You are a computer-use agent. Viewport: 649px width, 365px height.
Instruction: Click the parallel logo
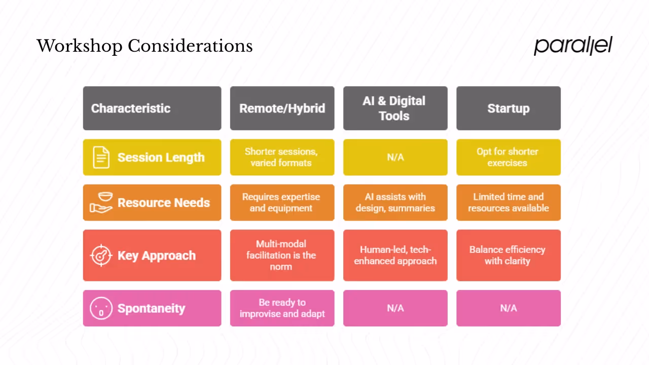click(573, 46)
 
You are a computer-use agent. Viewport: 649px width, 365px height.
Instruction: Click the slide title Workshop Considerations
click(145, 46)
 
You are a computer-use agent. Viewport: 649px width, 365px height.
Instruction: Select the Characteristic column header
click(152, 108)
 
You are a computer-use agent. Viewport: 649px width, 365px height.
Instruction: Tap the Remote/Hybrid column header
click(282, 108)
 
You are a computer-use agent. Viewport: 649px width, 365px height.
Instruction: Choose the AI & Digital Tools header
click(395, 108)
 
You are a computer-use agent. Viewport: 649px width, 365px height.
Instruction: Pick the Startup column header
click(508, 108)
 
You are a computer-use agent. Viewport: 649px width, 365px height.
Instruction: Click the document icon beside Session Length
click(101, 157)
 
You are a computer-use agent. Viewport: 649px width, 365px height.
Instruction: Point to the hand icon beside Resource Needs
click(101, 202)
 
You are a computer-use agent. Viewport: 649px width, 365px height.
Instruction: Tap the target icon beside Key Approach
click(101, 255)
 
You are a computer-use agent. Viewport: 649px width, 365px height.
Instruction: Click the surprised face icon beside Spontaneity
click(101, 308)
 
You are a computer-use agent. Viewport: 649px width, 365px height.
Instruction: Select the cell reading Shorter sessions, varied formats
click(282, 157)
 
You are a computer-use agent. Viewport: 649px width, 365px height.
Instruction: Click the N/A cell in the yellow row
click(395, 157)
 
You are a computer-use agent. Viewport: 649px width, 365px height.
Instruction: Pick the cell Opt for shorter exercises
click(508, 157)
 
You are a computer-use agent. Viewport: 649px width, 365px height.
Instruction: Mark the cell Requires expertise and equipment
click(282, 202)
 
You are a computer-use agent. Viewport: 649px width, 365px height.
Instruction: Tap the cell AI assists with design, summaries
click(395, 202)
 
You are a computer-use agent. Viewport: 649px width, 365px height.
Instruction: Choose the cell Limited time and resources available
click(508, 202)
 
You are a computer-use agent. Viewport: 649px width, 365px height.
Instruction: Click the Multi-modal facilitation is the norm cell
click(282, 255)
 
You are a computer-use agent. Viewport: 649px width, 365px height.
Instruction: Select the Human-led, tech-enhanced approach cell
click(395, 255)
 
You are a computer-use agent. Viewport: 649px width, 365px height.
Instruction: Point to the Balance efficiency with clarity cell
click(508, 255)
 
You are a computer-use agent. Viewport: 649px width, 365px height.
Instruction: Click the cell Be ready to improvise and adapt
click(282, 308)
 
